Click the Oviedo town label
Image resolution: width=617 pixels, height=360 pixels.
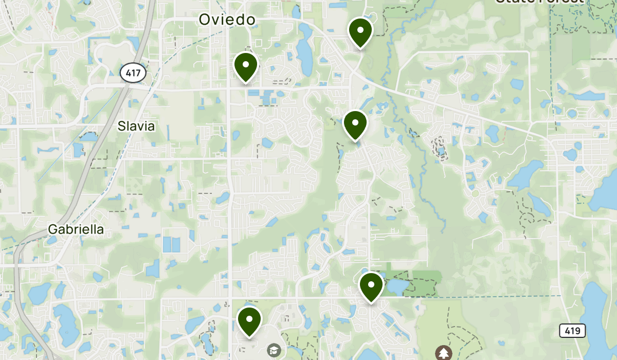227,20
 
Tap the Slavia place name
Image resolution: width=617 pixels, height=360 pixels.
136,126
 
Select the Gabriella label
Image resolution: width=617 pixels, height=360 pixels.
76,229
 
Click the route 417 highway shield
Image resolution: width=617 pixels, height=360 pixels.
133,73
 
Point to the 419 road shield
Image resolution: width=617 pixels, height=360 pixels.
572,330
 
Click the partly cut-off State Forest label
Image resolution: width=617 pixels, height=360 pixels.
539,2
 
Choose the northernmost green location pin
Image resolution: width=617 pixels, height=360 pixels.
360,31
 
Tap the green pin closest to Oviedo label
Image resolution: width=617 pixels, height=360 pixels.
246,66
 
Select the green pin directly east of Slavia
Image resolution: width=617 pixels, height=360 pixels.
355,124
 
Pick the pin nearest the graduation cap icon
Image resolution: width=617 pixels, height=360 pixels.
249,320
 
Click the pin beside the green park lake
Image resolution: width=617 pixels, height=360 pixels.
371,285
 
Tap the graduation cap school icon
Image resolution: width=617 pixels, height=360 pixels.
274,350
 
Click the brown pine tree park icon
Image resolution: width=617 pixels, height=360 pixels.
443,353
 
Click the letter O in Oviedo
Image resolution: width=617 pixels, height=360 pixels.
205,20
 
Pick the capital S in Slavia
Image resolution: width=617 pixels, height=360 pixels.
121,126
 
